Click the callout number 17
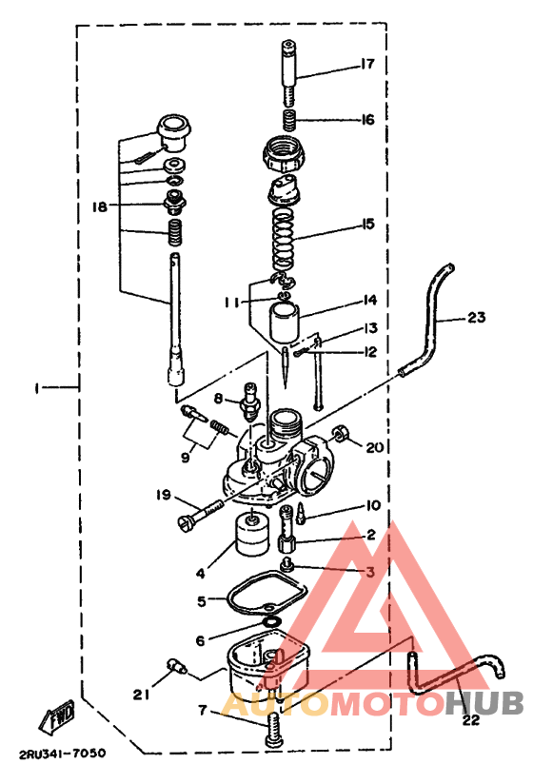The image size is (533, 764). pos(367,65)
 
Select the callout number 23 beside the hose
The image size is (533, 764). pos(476,319)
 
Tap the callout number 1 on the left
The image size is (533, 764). pos(36,388)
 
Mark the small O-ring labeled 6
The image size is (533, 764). pos(270,621)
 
